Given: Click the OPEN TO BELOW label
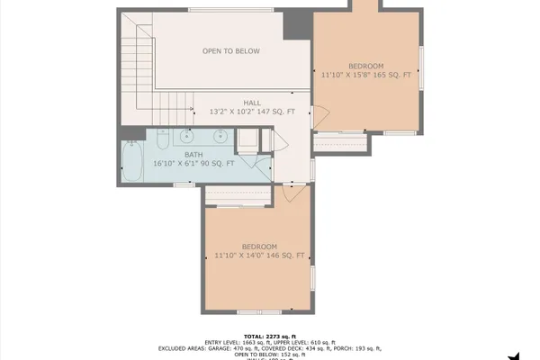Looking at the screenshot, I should [231, 51].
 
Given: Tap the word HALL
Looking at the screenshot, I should [253, 103].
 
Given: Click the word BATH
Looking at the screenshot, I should [193, 154].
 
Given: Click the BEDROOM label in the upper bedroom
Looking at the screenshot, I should [365, 66].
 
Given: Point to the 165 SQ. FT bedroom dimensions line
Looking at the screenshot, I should [365, 76].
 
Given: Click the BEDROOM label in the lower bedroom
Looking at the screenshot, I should [259, 247].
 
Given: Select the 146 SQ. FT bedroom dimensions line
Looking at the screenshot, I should [259, 256].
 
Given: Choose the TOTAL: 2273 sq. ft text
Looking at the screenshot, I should [270, 333].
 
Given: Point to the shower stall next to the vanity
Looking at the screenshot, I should [247, 141].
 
